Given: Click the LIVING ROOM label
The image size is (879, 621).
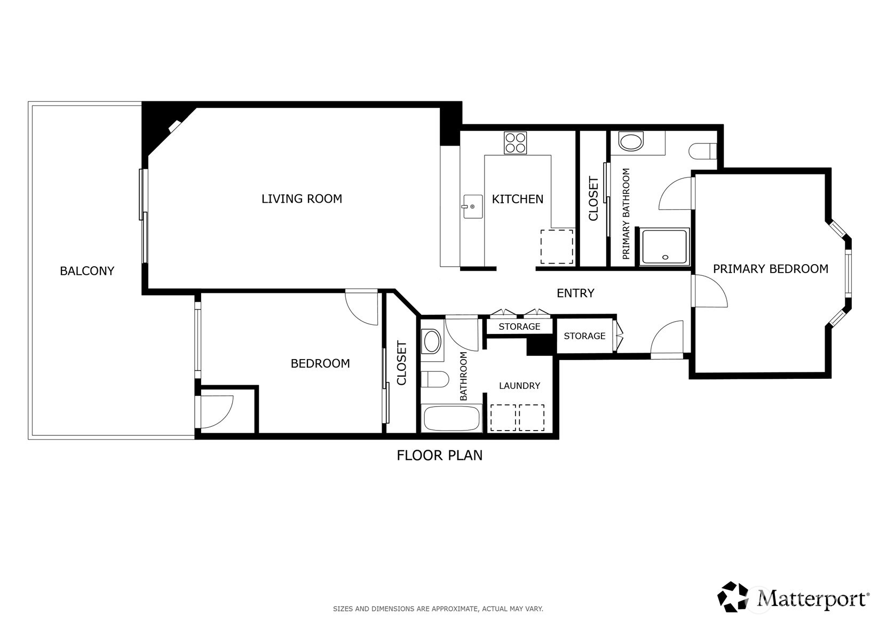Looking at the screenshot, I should coord(302,199).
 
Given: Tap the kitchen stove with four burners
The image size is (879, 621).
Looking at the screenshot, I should coord(515,142).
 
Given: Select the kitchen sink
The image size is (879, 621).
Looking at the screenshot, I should coord(472,206).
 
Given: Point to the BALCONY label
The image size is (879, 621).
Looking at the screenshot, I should coord(87,271).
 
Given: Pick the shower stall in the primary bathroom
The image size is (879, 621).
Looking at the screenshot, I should coord(664,246).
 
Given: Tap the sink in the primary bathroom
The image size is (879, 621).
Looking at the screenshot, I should coord(631,142).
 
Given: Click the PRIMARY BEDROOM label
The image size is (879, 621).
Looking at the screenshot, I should coord(770,269).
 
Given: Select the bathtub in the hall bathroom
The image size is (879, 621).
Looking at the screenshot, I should coord(452,418).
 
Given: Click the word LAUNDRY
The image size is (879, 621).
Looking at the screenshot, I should coord(519,386).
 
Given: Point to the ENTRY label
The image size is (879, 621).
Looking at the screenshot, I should coord(575,293).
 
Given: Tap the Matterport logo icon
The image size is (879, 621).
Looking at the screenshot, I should coord(733,596).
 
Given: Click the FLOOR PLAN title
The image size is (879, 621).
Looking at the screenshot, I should coord(439,455).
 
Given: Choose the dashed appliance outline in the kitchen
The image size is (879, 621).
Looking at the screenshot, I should coord(557,246).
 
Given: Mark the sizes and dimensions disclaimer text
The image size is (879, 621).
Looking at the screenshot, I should coord(438,608).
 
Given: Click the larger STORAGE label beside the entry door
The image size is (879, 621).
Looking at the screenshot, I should coord(584,336).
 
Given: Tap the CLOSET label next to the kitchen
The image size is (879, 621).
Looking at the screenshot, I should coord(593,199).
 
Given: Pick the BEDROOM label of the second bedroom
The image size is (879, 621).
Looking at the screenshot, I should coord(320,363).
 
